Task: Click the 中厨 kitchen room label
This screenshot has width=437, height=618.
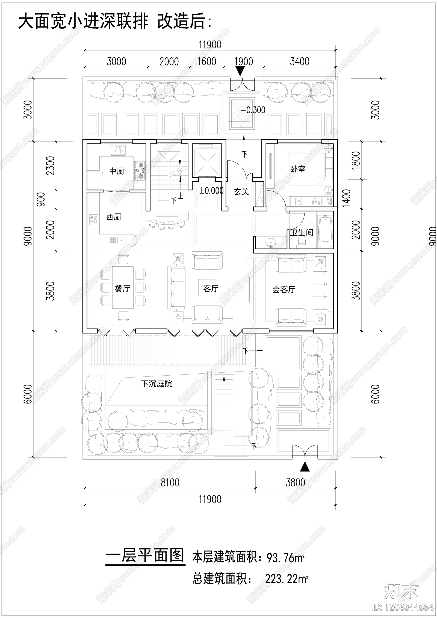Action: click(117, 171)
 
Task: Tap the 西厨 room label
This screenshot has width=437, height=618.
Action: click(114, 217)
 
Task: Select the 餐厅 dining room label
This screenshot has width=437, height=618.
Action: click(122, 289)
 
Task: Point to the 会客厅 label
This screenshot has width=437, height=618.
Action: click(284, 289)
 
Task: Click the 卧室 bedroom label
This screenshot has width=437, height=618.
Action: click(298, 169)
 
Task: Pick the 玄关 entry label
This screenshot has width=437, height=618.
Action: click(241, 192)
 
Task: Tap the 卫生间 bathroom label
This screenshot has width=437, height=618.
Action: click(302, 233)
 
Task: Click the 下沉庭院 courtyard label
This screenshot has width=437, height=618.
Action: click(157, 384)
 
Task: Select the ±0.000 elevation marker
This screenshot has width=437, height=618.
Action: click(211, 191)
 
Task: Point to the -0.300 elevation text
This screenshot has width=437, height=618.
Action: click(253, 110)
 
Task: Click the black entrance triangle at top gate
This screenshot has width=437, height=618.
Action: click(240, 72)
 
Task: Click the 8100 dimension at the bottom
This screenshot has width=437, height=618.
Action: click(170, 483)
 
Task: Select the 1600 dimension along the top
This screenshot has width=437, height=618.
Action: click(207, 62)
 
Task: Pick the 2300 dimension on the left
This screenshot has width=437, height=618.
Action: click(51, 166)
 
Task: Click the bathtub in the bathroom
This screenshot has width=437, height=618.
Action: click(325, 232)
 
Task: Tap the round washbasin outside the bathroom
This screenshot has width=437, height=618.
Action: click(271, 242)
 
